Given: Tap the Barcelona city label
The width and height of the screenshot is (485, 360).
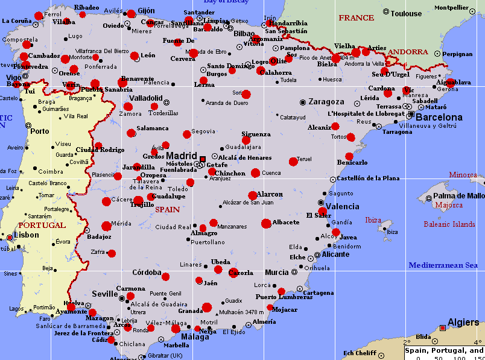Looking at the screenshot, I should [x=440, y=117].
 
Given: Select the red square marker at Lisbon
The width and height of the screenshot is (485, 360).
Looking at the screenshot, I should [x=9, y=239].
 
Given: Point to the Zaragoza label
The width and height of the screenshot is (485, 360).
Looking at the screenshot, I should [x=326, y=102].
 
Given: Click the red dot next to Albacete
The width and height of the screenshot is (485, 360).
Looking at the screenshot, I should [x=266, y=224].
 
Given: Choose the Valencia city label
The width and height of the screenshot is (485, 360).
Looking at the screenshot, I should [x=343, y=207].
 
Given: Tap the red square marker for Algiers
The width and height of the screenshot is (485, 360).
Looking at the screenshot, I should [x=443, y=328].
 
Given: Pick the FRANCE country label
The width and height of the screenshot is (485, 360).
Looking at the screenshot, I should [x=356, y=18].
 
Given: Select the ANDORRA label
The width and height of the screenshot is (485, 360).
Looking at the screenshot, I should [x=408, y=52].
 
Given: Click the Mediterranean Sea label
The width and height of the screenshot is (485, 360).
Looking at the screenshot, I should [x=443, y=265].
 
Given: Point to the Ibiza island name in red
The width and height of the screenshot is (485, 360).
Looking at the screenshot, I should [x=374, y=220].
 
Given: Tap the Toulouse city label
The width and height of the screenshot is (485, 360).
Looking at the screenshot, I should [x=406, y=13].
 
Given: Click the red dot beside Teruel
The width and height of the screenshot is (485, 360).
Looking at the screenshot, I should [x=293, y=162].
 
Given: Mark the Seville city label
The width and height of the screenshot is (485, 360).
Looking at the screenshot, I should [x=104, y=294].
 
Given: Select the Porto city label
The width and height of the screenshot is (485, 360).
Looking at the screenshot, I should [x=40, y=131].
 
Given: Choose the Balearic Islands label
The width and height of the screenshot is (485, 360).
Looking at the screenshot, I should [x=449, y=224].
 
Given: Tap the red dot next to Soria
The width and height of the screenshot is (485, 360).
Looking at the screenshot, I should [x=246, y=94].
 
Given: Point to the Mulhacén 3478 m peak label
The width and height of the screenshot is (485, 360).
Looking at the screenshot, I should [x=242, y=312].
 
